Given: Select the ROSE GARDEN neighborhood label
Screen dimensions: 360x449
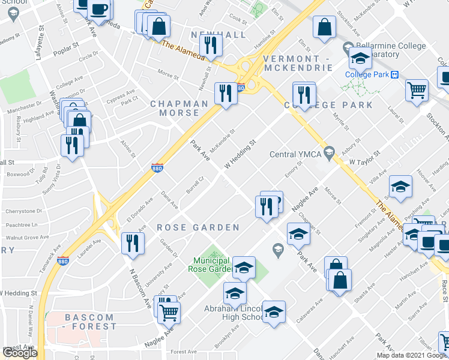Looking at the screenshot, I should click(x=198, y=227).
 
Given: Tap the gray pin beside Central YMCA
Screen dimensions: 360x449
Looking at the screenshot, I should click(x=328, y=152).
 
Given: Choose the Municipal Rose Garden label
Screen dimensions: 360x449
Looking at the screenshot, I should click(x=212, y=265).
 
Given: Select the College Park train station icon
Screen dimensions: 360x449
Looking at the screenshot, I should click(x=395, y=74).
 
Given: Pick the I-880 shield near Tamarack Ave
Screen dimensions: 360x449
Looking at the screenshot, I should click(x=63, y=260).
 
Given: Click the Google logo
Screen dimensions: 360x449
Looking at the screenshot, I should click(x=20, y=353).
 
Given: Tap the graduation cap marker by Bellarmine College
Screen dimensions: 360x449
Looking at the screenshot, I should click(x=360, y=59).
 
